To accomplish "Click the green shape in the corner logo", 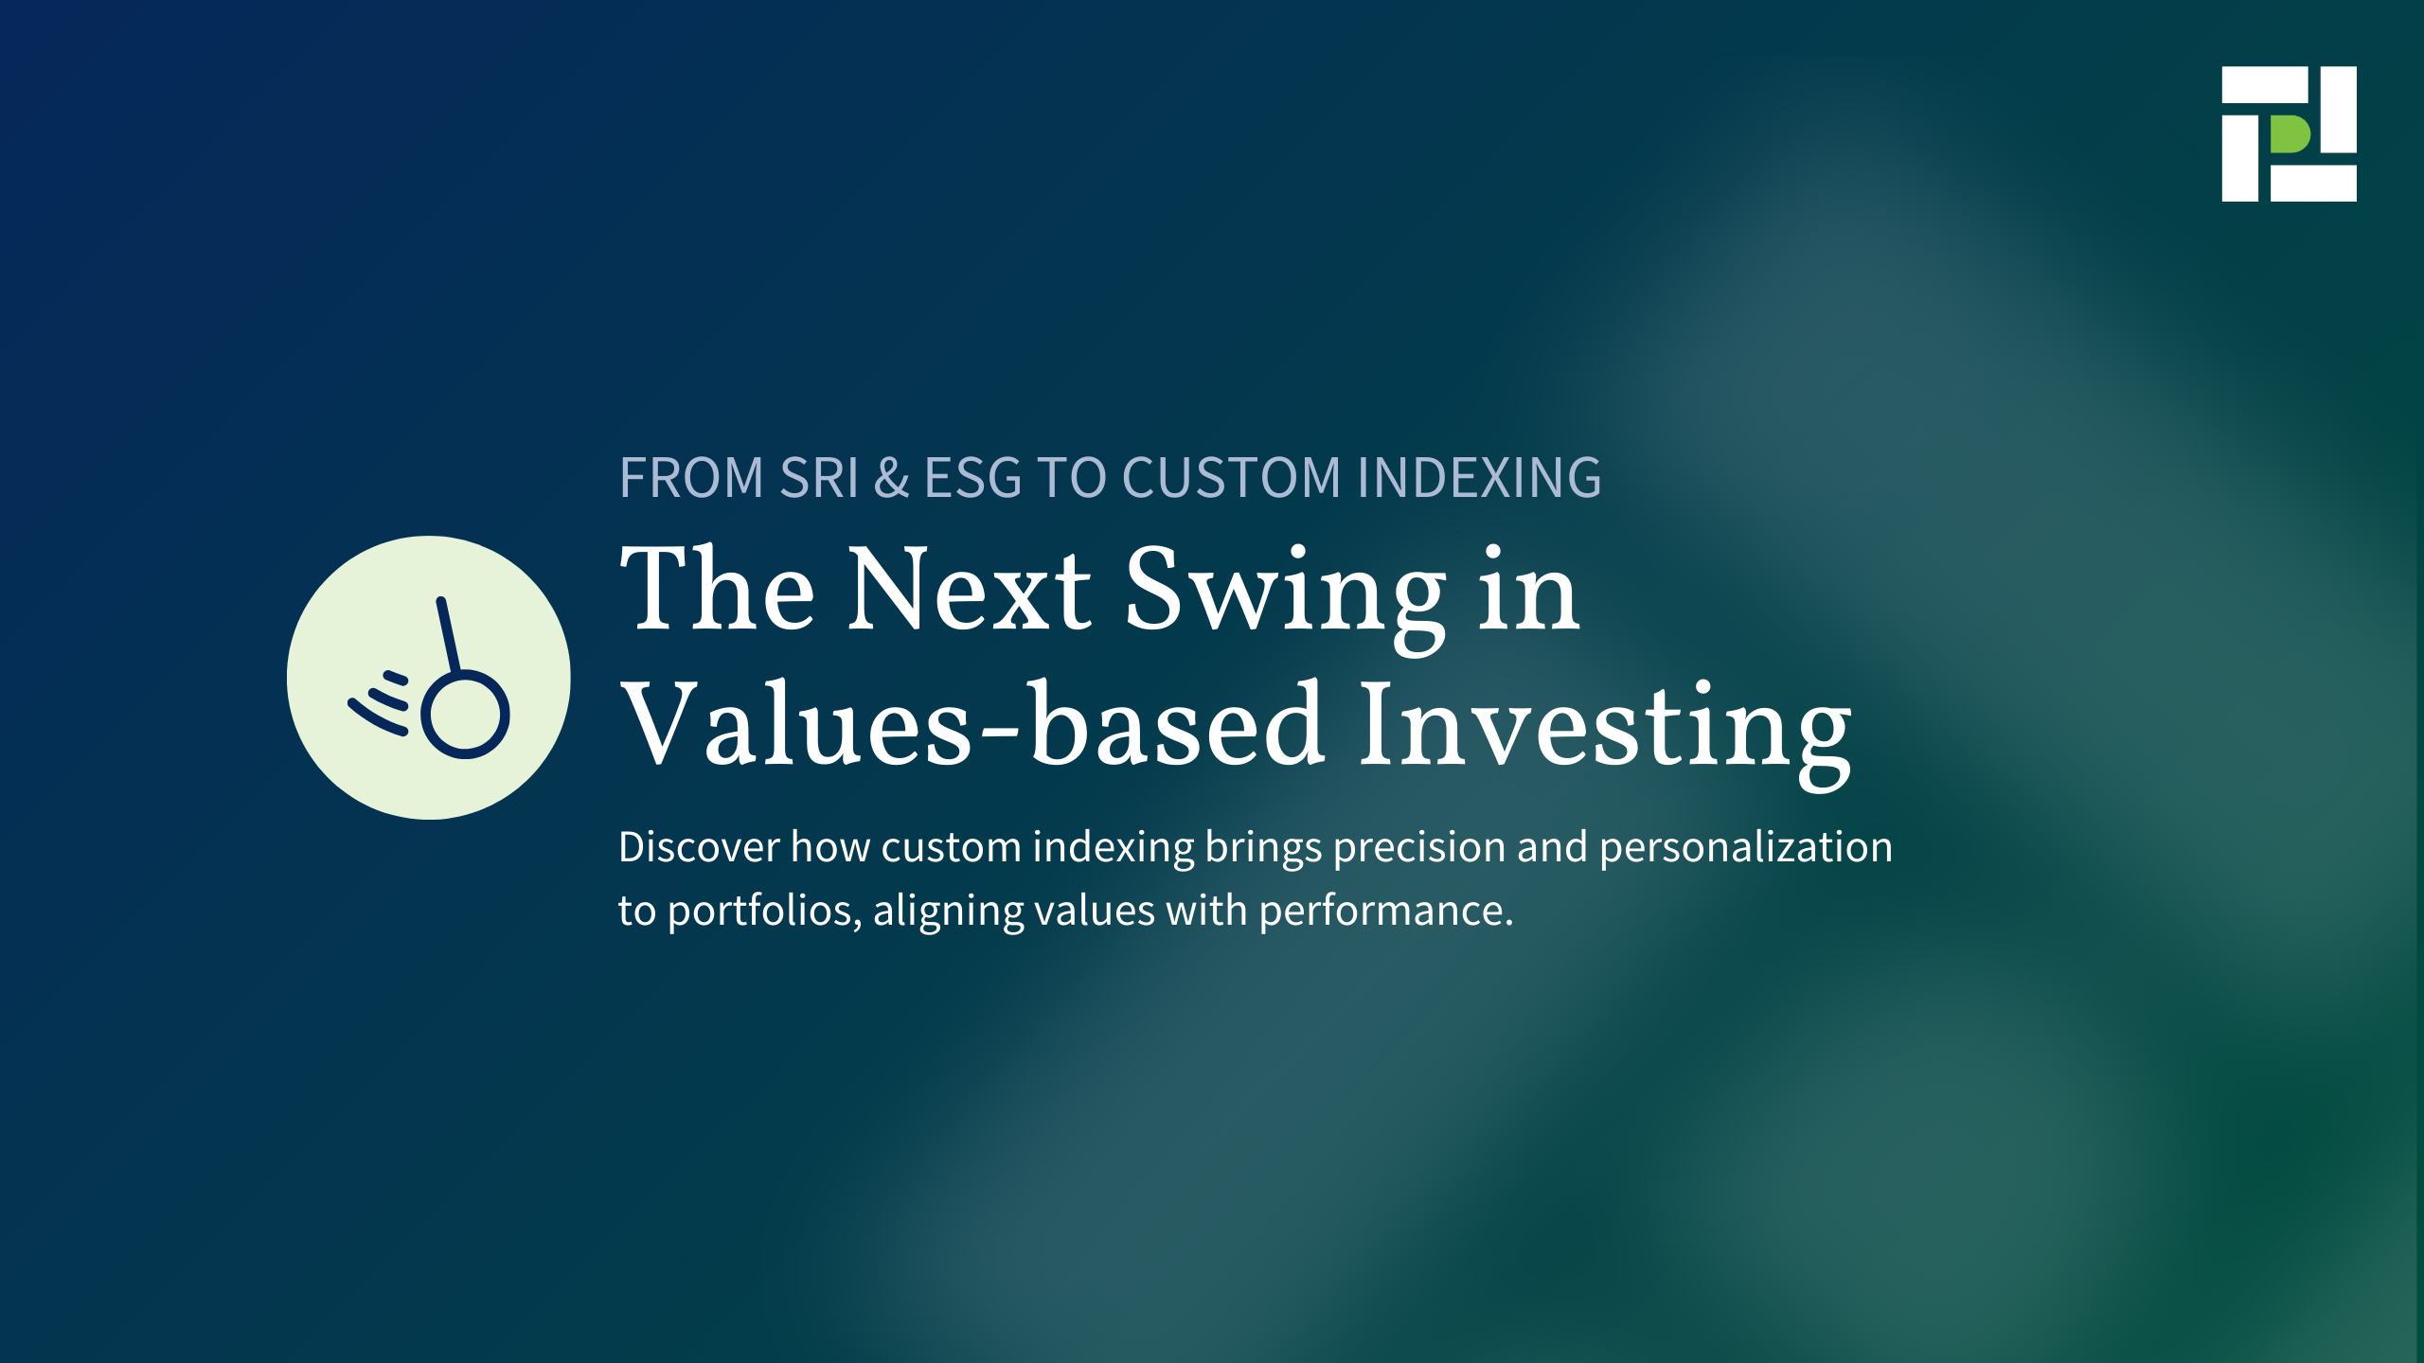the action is pos(2289,134).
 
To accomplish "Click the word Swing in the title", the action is pos(1286,597).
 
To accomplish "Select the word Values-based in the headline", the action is pos(972,723).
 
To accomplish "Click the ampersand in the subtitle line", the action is pos(891,477).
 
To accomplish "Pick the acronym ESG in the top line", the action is pos(973,477).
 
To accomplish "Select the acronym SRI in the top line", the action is pos(818,477).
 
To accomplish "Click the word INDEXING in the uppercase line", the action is pos(1479,477).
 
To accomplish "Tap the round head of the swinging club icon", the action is pos(465,715).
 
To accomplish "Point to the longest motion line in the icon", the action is pos(377,717).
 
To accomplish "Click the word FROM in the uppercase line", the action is pos(691,477).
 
